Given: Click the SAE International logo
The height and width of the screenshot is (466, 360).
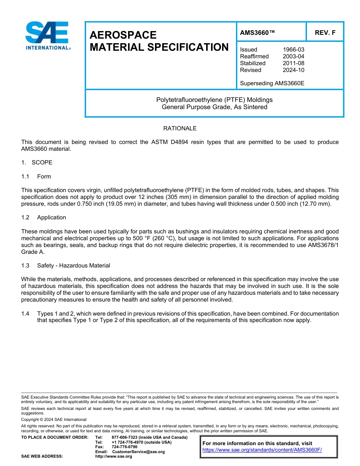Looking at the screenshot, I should (x=48, y=36).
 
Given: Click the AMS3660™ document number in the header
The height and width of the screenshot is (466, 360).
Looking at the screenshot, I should (x=257, y=33).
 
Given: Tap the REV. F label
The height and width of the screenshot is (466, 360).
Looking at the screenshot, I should (x=325, y=33).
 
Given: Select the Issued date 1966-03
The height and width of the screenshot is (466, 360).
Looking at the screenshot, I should (x=293, y=50).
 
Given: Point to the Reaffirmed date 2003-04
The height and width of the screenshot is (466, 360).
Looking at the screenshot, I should (x=293, y=56).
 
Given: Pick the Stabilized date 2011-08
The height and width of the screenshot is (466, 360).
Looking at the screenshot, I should (x=293, y=63).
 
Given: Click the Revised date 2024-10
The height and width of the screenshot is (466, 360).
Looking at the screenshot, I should (x=293, y=70).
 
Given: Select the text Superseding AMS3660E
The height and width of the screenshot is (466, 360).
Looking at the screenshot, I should (x=272, y=83).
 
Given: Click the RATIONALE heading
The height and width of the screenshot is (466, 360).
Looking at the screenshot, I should (x=180, y=128).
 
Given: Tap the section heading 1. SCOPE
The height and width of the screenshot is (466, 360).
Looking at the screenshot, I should (x=37, y=163).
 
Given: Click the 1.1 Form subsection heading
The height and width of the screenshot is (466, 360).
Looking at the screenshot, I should (x=36, y=177).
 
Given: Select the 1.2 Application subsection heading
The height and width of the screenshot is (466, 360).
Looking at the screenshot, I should (x=44, y=217).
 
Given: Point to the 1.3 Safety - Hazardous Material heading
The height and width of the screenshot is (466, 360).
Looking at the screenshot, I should (x=66, y=266).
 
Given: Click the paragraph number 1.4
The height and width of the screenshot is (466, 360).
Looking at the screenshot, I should (x=25, y=314).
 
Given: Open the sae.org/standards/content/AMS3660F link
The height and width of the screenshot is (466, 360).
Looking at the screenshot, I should (x=262, y=450).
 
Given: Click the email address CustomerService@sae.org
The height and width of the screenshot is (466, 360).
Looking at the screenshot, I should (x=138, y=452).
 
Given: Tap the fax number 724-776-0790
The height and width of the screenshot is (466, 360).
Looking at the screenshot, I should (x=124, y=447).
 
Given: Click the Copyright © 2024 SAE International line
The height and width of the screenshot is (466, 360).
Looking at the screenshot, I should (x=54, y=419).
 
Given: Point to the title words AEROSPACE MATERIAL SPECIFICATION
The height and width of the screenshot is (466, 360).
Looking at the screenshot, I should (x=159, y=41).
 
